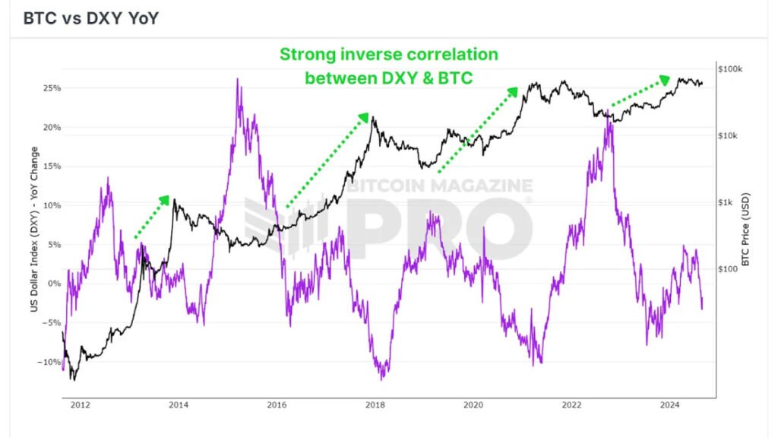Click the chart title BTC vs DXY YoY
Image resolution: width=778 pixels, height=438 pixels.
point(91,18)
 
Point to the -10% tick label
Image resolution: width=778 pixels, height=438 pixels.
point(47,362)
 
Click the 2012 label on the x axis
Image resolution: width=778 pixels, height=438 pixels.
point(80,406)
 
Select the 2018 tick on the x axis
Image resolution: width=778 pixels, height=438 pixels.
point(375,406)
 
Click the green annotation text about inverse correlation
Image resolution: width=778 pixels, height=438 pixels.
point(389,65)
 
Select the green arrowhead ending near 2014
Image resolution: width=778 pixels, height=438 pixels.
point(166,198)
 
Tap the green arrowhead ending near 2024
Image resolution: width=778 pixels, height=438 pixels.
point(666,78)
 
